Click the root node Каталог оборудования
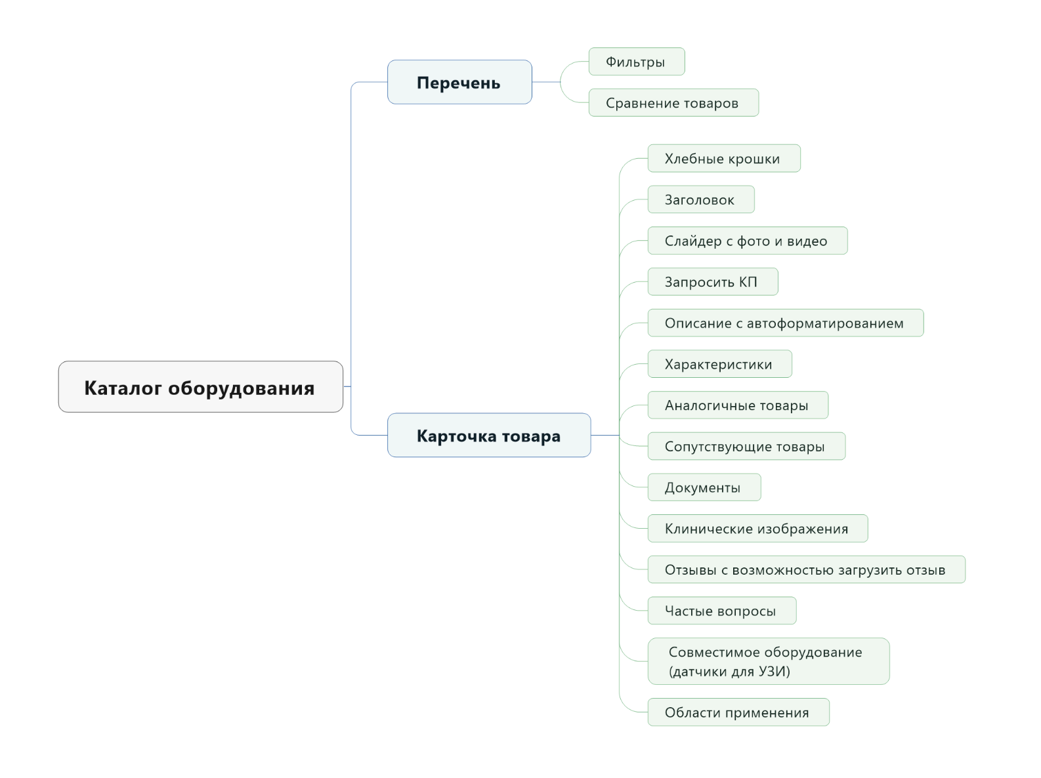click(201, 386)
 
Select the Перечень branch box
click(459, 82)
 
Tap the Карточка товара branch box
click(489, 435)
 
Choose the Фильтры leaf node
click(637, 62)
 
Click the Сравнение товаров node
click(673, 103)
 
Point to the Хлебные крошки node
click(724, 158)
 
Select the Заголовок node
click(701, 199)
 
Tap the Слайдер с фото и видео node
click(748, 241)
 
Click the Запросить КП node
click(713, 282)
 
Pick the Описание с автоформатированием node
click(786, 323)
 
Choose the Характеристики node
click(719, 364)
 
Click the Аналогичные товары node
click(738, 405)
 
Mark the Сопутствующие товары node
click(746, 446)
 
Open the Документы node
click(704, 487)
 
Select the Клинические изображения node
click(758, 528)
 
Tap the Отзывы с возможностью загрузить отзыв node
click(806, 569)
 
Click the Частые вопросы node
click(722, 611)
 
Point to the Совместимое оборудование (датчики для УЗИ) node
click(769, 661)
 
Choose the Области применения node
click(738, 712)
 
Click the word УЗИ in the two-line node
click(772, 671)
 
